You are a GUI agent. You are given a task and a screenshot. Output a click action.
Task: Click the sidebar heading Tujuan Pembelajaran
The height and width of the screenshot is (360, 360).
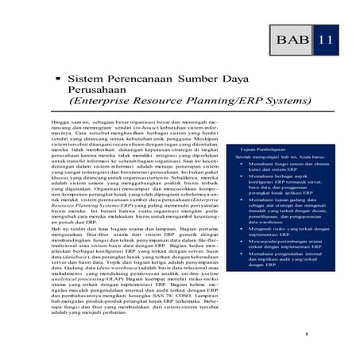(251, 149)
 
